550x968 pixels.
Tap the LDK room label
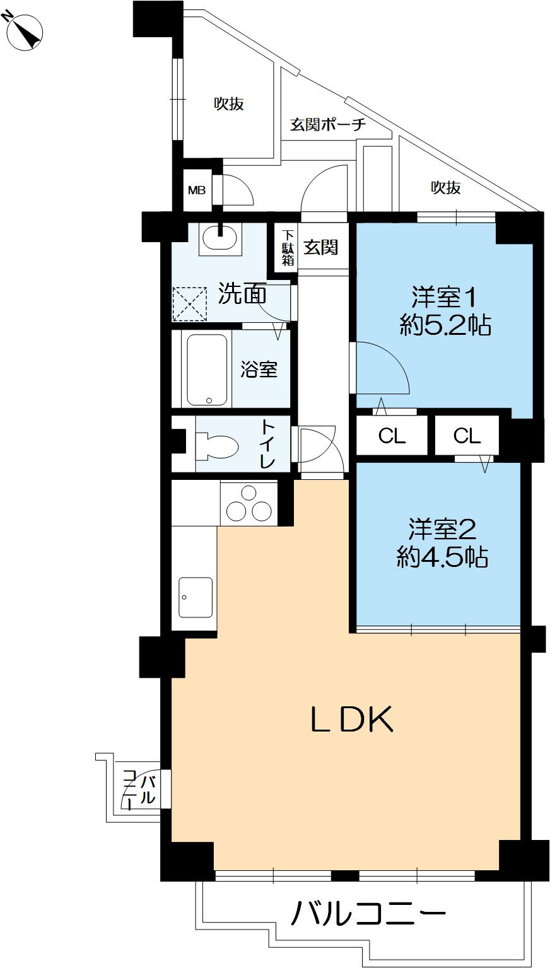pos(352,719)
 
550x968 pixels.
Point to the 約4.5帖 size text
pos(442,557)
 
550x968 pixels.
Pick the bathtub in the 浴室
pos(207,370)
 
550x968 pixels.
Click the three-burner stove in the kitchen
pos(249,504)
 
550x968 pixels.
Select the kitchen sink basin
pos(196,597)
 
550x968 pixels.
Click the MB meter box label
pos(197,190)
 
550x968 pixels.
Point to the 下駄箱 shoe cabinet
pos(288,247)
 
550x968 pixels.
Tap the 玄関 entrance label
pos(320,248)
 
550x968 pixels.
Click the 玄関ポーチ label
pos(328,125)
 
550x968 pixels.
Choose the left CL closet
pos(392,436)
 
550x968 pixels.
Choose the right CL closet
pos(467,436)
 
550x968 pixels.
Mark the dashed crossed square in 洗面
pos(190,304)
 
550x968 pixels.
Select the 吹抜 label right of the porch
pos(446,188)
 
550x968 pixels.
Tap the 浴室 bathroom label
pos(259,370)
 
